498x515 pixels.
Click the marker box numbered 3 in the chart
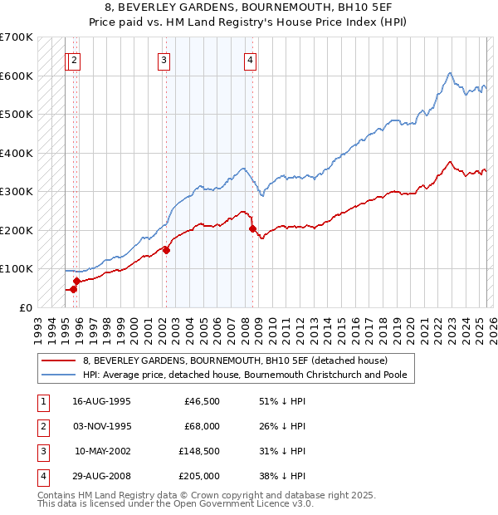(x=164, y=59)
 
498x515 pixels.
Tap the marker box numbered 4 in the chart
(x=250, y=59)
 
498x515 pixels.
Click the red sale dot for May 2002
(x=166, y=249)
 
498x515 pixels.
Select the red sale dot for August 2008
(x=252, y=228)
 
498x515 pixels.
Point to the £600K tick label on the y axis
(x=16, y=76)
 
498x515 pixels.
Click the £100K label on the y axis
(x=16, y=268)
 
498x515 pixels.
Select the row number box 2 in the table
(x=42, y=428)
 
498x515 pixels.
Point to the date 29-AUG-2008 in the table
(x=101, y=476)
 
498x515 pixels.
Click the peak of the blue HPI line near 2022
(x=449, y=73)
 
